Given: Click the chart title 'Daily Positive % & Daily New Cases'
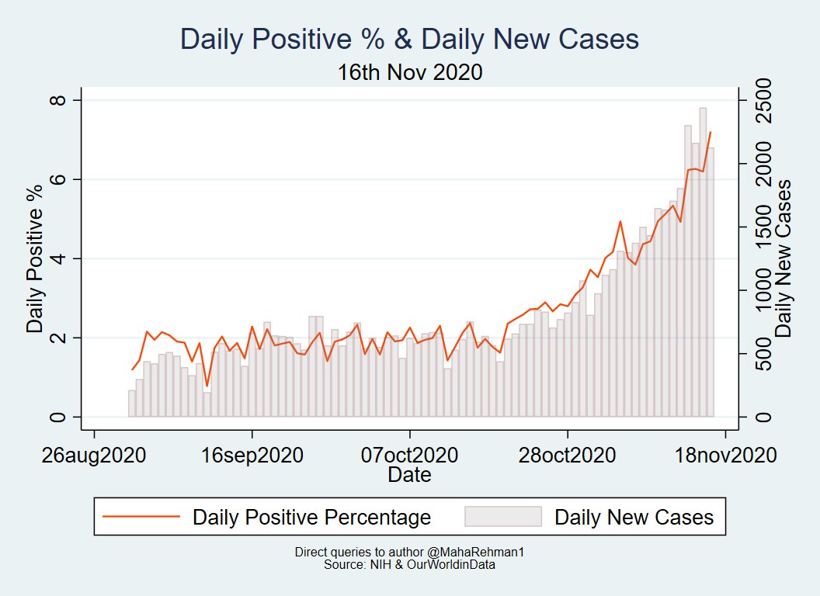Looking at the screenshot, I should coord(409,40).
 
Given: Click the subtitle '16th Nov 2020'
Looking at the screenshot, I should coord(409,72).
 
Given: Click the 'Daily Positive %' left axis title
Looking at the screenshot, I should coord(35,258).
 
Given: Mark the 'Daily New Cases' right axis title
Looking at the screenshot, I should coord(784,258).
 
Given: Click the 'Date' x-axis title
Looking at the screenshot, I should coord(409,474).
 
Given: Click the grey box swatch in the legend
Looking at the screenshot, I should coord(502,517).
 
